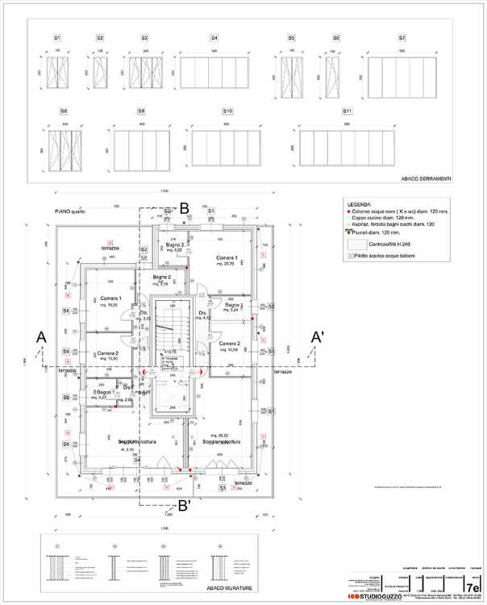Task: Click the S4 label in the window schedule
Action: click(x=214, y=38)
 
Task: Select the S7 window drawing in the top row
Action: click(x=402, y=77)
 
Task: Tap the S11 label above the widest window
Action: click(x=348, y=111)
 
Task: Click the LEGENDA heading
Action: click(x=359, y=205)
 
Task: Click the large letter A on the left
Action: click(x=41, y=336)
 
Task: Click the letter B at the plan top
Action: click(x=184, y=207)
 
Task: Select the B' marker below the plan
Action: click(x=185, y=507)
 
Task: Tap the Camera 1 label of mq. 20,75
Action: click(x=227, y=258)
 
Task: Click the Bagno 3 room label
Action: click(x=234, y=306)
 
